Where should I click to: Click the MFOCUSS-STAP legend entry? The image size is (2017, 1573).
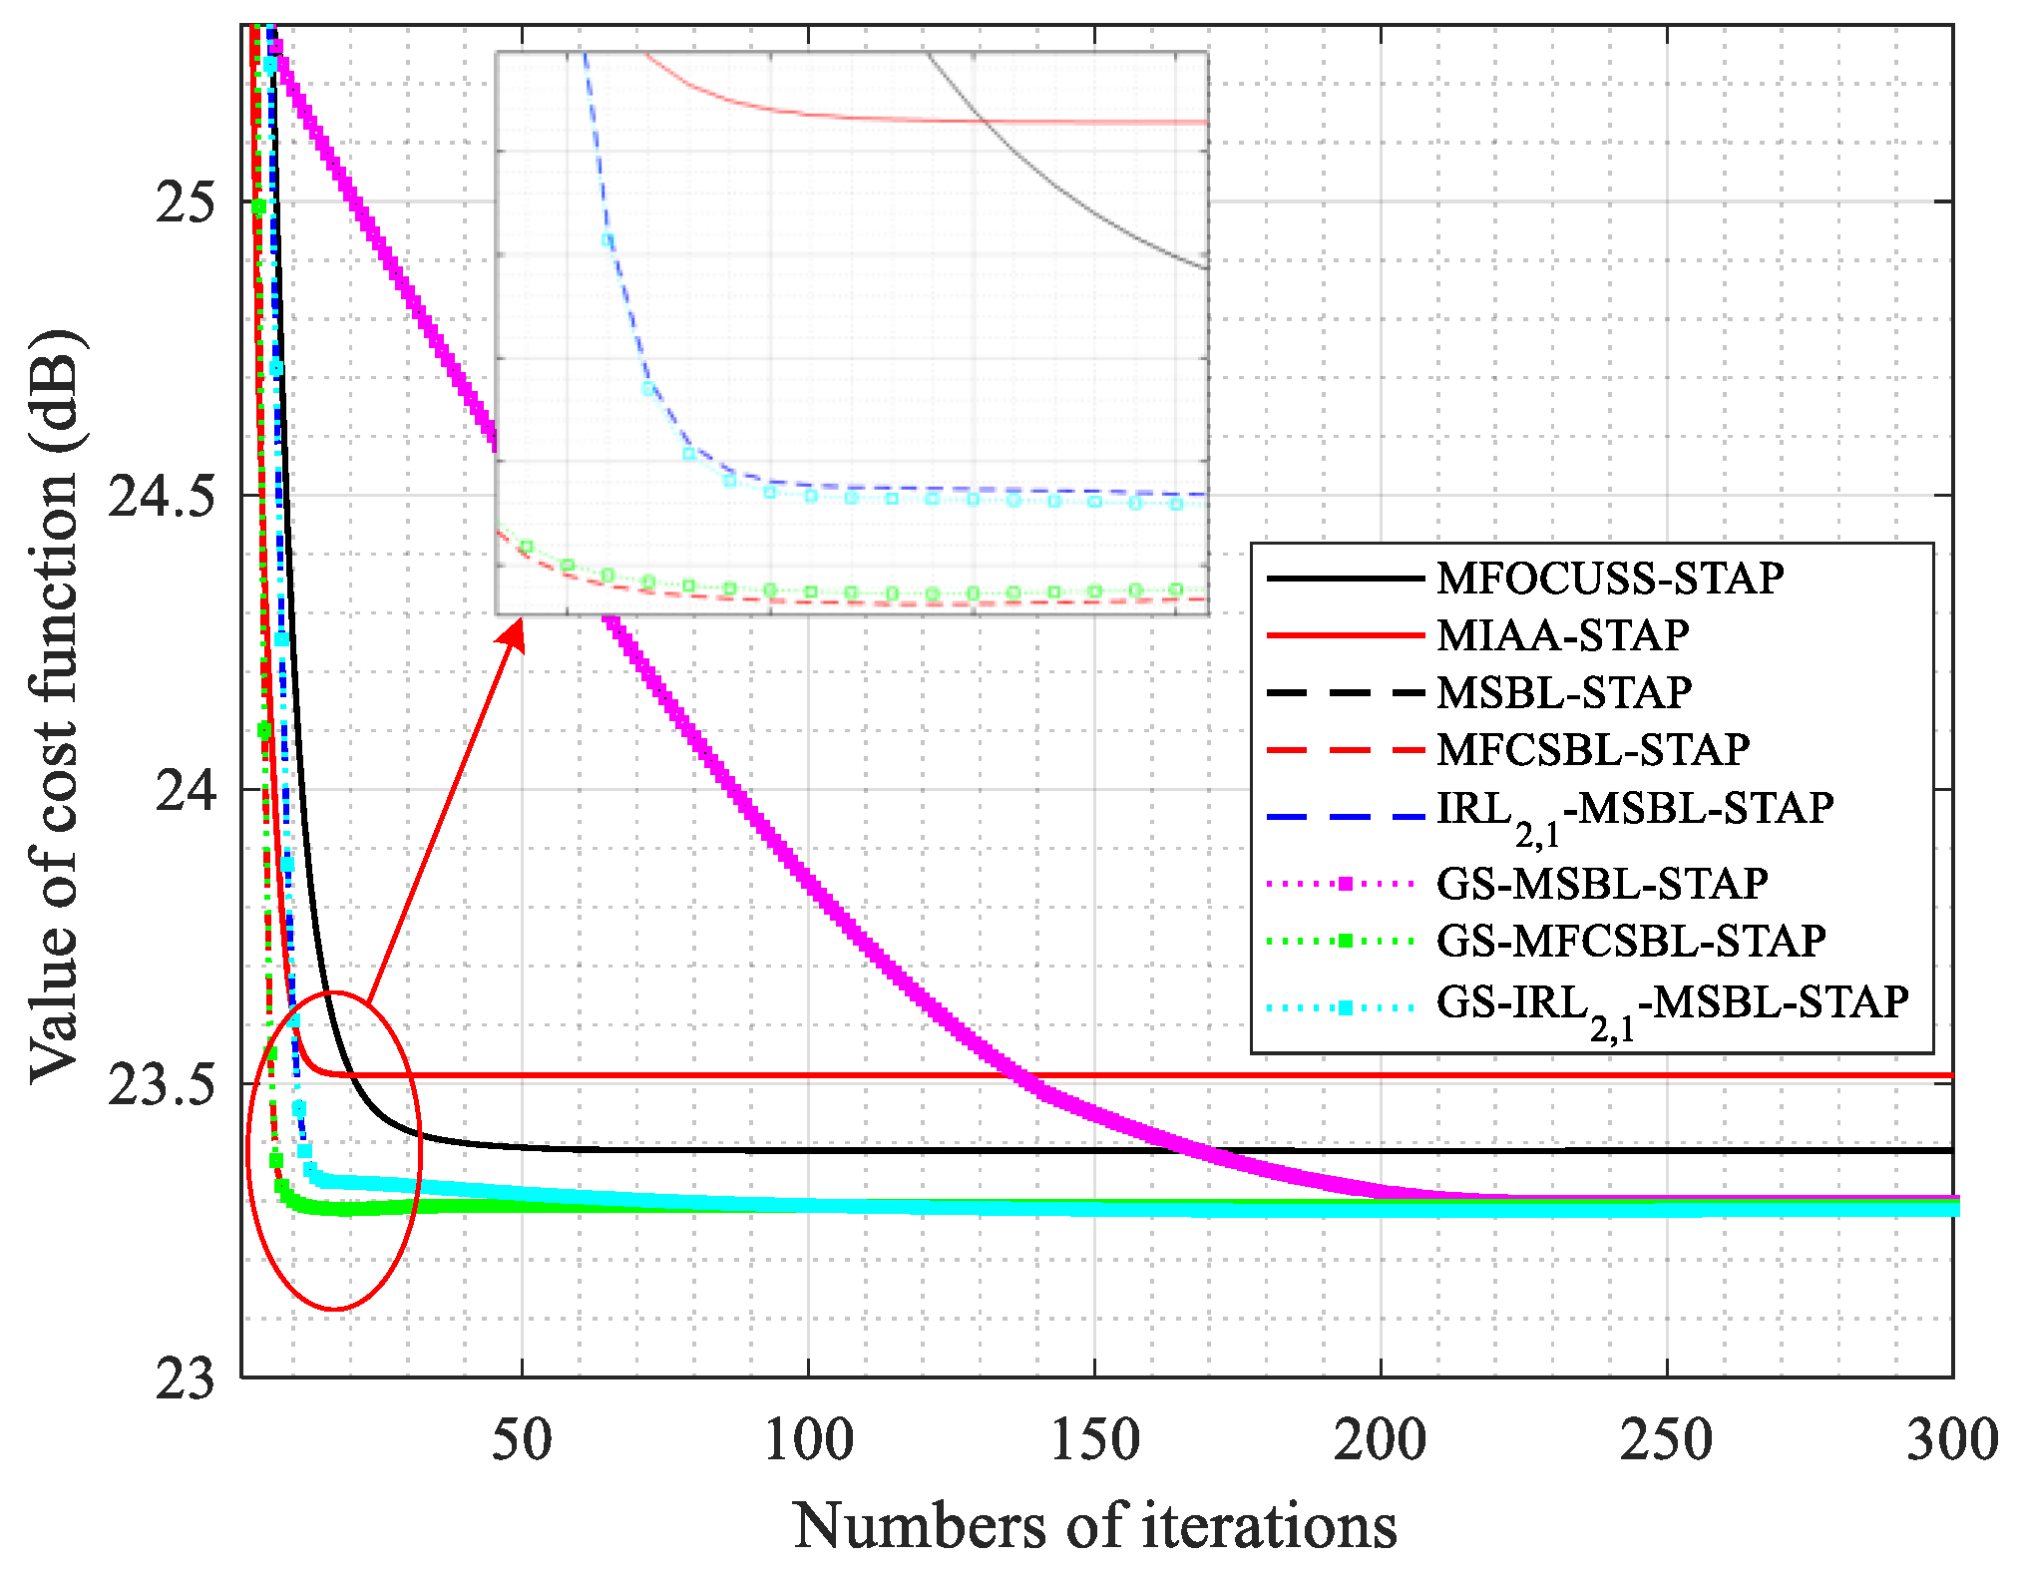pos(1609,579)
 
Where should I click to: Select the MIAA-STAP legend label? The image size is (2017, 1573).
pos(1562,635)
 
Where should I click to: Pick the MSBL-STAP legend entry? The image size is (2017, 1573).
pos(1563,692)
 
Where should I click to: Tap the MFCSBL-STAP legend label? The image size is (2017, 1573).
pos(1592,749)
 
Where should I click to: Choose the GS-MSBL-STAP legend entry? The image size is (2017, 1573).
pos(1601,883)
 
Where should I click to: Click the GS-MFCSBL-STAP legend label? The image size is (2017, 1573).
pos(1630,941)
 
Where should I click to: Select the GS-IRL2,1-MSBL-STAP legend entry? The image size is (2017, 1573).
pos(1672,1002)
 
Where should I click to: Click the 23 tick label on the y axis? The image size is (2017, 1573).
pos(185,1379)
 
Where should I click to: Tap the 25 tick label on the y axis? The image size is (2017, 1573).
pos(185,202)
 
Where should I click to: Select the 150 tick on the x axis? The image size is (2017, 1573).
pos(1094,1440)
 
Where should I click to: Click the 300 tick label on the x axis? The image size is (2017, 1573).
pos(1951,1440)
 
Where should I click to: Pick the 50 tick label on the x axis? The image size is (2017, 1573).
pos(522,1440)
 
